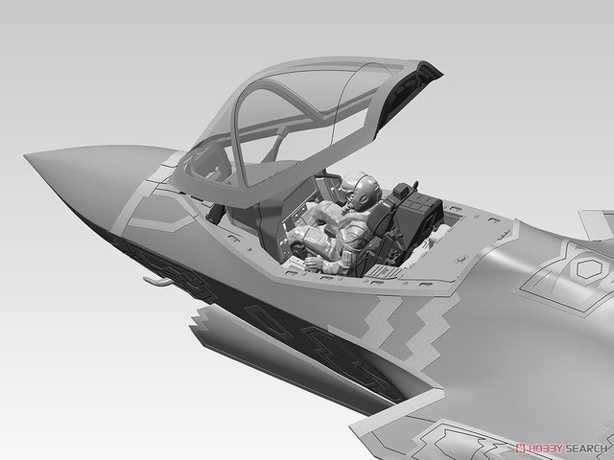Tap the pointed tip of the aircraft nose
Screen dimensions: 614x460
(x=25, y=155)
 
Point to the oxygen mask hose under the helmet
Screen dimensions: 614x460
(x=345, y=208)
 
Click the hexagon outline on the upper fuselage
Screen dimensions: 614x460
(x=588, y=268)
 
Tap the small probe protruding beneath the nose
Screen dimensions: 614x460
(x=157, y=281)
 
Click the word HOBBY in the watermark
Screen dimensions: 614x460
(x=545, y=448)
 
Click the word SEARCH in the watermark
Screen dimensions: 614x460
(x=585, y=448)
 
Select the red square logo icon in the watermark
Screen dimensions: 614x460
(x=521, y=448)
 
